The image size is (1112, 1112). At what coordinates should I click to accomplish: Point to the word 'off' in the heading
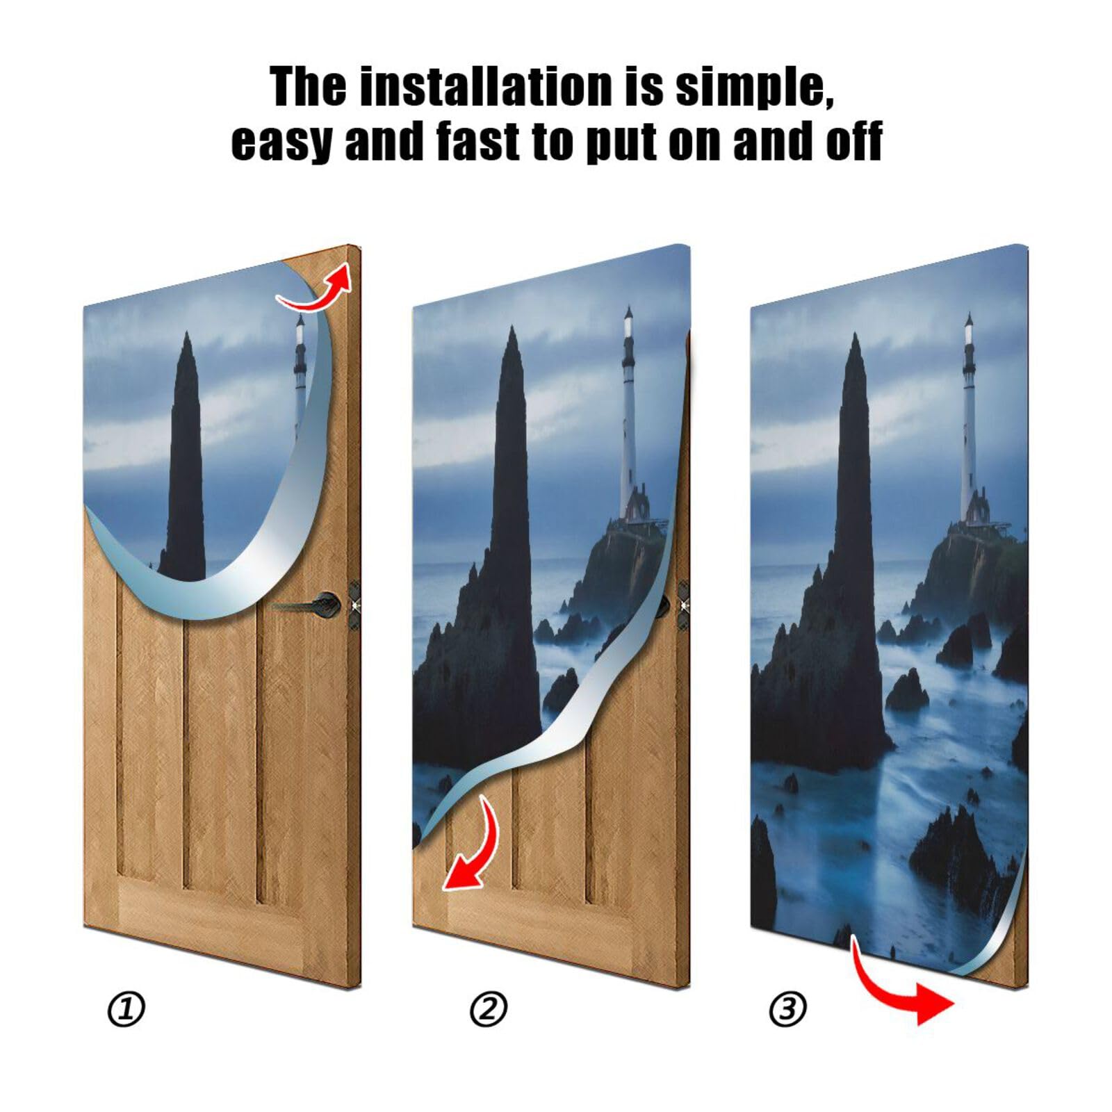(x=853, y=141)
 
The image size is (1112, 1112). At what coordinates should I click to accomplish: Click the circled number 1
(x=126, y=1009)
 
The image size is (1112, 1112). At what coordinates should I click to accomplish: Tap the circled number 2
(x=489, y=1009)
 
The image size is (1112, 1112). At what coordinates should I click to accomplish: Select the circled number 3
(x=787, y=1009)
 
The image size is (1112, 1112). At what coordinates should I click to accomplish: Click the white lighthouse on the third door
(x=968, y=417)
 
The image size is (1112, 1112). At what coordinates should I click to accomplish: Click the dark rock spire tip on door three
(x=855, y=341)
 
